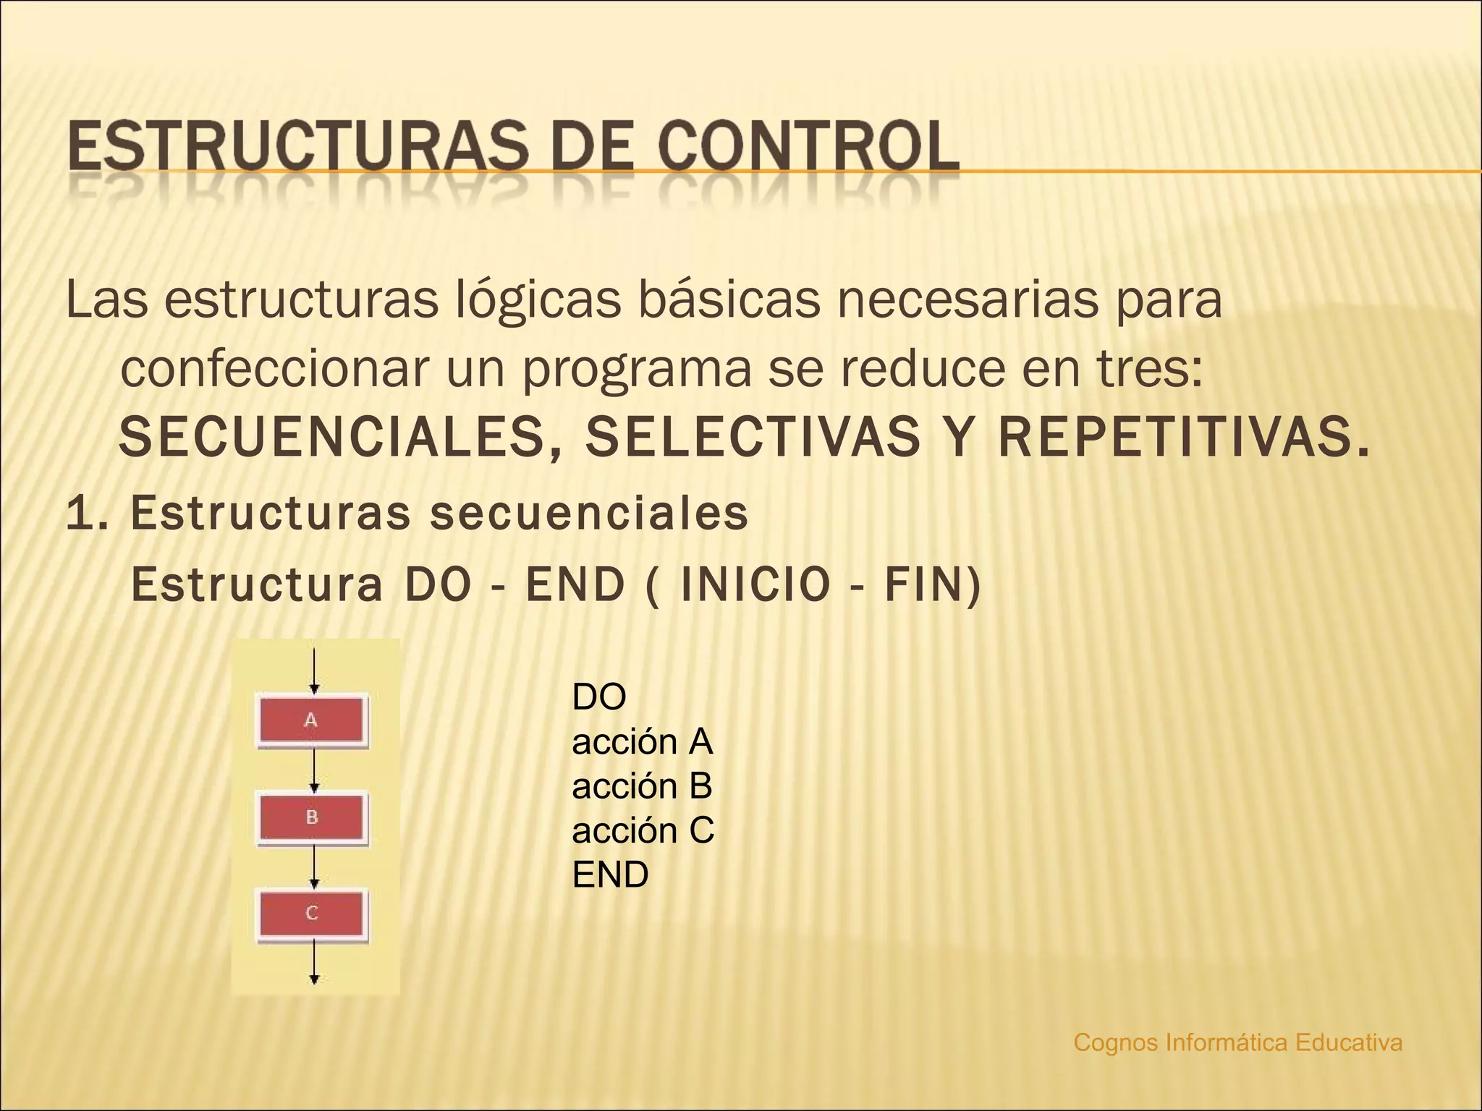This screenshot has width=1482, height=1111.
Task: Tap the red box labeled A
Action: [311, 720]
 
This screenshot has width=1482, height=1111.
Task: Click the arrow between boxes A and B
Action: [314, 770]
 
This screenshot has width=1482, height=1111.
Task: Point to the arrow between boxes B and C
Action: [314, 866]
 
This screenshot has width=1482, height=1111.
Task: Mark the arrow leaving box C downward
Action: [314, 961]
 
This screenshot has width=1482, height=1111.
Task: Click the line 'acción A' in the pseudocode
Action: [642, 742]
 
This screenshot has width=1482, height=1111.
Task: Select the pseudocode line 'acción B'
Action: [642, 786]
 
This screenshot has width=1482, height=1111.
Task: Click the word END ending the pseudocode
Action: [610, 875]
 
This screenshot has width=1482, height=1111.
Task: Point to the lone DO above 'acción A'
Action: [598, 697]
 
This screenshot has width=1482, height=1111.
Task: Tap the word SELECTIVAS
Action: [753, 438]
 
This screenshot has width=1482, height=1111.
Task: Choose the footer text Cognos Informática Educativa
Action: [1237, 1042]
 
